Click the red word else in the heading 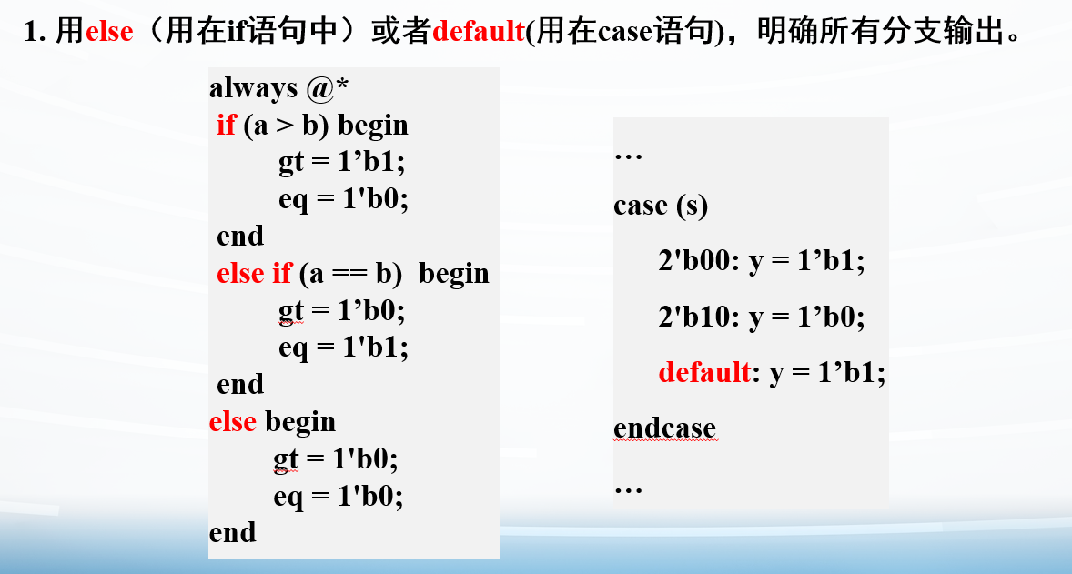click(109, 32)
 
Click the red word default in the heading click(480, 32)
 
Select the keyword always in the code click(254, 89)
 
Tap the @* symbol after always click(328, 87)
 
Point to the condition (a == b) click(350, 274)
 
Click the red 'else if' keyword click(254, 273)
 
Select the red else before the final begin click(232, 421)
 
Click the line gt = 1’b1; click(342, 163)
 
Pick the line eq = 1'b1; click(343, 347)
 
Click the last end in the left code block click(232, 532)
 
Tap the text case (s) click(661, 206)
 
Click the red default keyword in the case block click(705, 372)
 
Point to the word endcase click(664, 428)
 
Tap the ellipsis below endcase click(628, 490)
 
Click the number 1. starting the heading click(35, 32)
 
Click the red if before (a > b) click(227, 125)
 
